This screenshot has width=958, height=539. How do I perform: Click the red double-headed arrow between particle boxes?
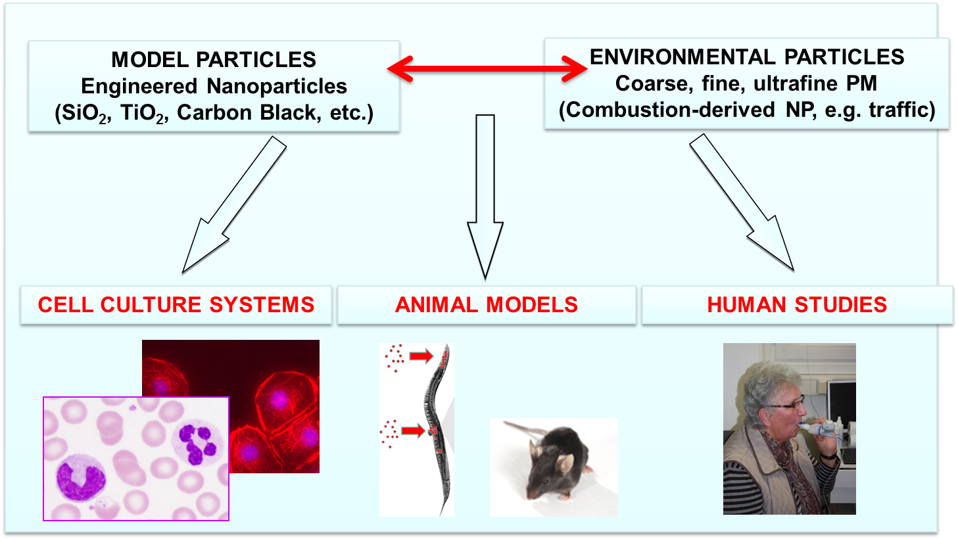[x=487, y=68]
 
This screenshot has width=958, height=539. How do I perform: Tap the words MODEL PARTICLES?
[x=214, y=59]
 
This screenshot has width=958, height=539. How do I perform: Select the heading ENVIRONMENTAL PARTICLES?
[x=747, y=57]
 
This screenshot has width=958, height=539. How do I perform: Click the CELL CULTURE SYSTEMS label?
[x=176, y=305]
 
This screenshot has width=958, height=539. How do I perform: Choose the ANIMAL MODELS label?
[x=487, y=305]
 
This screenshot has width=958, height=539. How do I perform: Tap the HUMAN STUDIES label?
[x=797, y=305]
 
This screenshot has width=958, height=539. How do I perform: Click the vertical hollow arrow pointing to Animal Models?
[x=485, y=197]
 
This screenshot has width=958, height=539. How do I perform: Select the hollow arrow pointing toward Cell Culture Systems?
[x=234, y=205]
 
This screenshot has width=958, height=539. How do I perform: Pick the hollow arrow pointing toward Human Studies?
[x=742, y=202]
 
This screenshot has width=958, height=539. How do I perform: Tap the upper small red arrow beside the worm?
[x=421, y=356]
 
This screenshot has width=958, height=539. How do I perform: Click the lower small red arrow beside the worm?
[x=413, y=430]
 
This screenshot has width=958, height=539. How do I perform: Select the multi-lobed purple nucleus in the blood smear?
[x=197, y=444]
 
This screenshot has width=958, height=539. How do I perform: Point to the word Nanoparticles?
[x=277, y=86]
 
